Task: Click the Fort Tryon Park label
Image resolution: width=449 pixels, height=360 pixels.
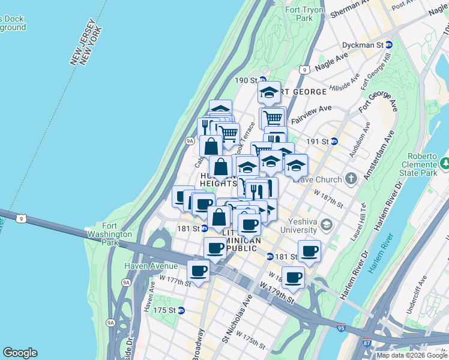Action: coord(304,14)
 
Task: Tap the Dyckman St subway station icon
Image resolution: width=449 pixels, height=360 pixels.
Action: coord(389,45)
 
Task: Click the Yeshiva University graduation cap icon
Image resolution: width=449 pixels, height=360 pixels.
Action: coord(327,225)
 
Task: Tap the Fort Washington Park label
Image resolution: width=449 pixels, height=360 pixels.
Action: coord(109,238)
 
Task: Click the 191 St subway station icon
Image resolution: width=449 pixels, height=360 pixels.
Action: coord(334,142)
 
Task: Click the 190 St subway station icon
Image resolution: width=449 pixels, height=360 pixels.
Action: coord(262,80)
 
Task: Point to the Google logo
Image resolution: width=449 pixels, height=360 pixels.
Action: coord(20,353)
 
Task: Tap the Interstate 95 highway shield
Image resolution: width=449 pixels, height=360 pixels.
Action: coord(342,328)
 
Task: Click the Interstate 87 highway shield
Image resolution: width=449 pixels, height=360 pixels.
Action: coord(368,343)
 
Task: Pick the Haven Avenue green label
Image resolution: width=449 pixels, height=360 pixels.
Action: coord(151,266)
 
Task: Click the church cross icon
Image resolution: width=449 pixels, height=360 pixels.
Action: coord(351,179)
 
